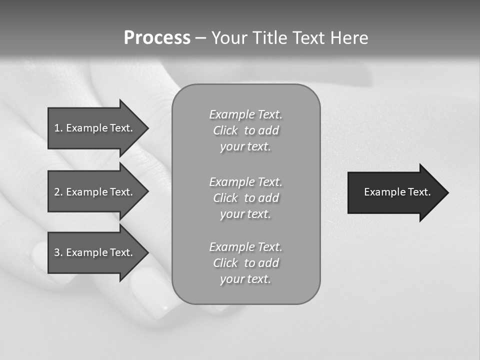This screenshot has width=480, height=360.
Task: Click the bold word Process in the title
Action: (157, 38)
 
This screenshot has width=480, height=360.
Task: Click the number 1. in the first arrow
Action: (58, 128)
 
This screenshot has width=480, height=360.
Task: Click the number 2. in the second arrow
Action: (58, 192)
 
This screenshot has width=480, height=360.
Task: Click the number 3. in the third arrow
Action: (58, 252)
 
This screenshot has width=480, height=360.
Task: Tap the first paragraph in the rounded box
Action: (245, 130)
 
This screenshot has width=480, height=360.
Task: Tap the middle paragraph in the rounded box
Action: (245, 198)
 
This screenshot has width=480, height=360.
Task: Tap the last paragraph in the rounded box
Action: (245, 263)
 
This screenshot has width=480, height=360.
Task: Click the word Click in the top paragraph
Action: (225, 130)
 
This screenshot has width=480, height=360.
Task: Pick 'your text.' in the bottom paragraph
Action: (245, 279)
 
